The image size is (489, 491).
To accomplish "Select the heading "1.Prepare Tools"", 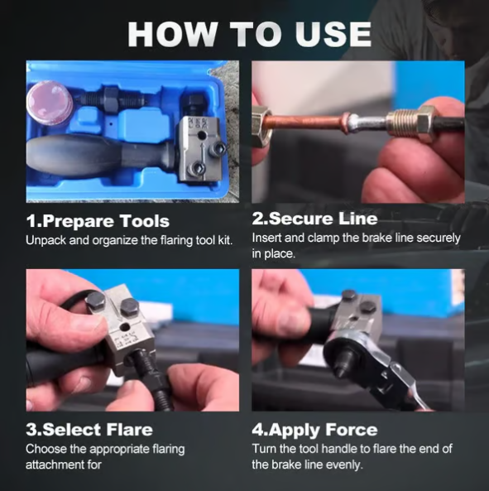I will pyautogui.click(x=98, y=221).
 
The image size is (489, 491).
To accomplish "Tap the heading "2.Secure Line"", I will pyautogui.click(x=314, y=219).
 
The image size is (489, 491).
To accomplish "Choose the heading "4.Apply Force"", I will pyautogui.click(x=314, y=430).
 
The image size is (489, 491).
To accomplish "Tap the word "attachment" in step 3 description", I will pyautogui.click(x=53, y=465).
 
